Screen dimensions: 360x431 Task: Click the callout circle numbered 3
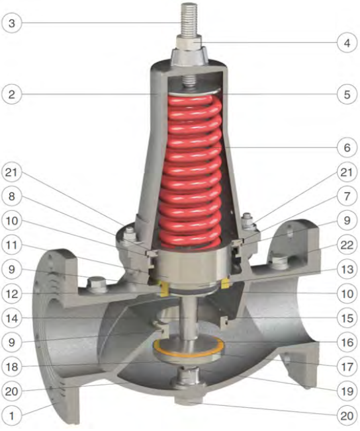pos(11,23)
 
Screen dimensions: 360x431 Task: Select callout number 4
pos(347,43)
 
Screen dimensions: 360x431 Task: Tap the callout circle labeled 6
pos(347,147)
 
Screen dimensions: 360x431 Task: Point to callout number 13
pos(347,269)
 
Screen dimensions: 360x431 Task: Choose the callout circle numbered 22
pos(347,245)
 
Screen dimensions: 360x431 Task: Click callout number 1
pos(11,415)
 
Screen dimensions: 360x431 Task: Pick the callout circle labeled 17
pos(347,366)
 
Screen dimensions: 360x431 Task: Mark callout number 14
pos(11,319)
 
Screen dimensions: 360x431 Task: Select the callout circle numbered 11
pos(11,245)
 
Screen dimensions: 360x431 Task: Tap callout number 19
pos(347,391)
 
